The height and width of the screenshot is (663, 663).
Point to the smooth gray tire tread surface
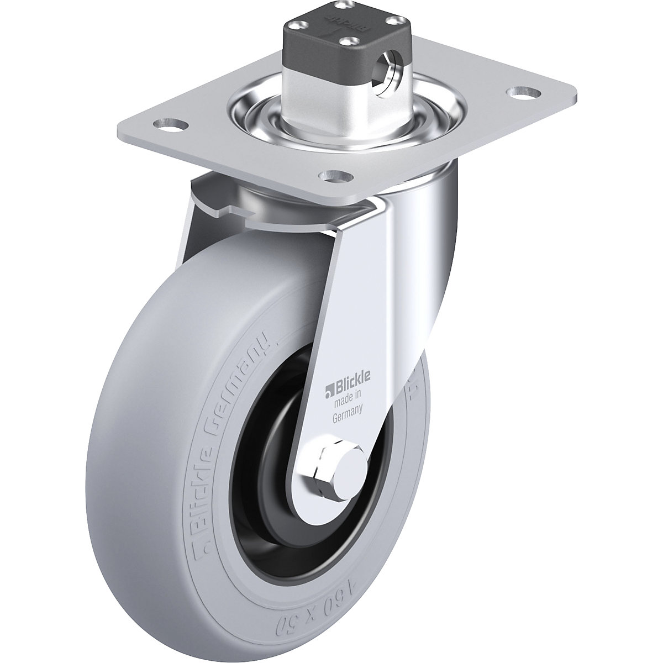(x=138, y=442)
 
